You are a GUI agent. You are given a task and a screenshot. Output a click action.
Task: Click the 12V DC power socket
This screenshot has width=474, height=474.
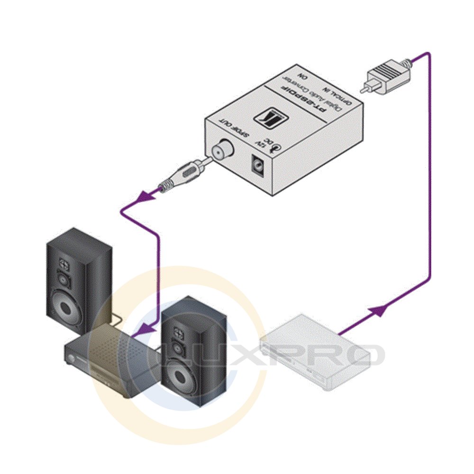click(258, 166)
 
